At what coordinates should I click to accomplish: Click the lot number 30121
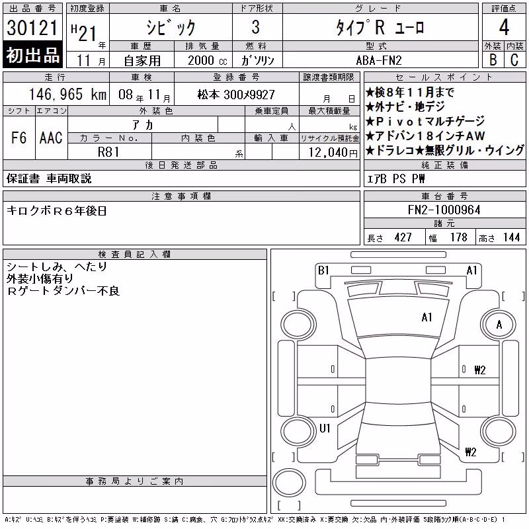(32, 27)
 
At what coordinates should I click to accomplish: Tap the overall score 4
(504, 27)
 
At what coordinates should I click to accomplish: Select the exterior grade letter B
(493, 60)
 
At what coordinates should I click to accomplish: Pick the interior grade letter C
(514, 60)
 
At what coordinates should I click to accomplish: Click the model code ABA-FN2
(379, 60)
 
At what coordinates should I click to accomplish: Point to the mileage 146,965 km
(68, 94)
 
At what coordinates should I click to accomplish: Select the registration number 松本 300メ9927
(236, 95)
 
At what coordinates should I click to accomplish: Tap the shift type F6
(19, 138)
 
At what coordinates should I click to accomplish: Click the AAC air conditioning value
(51, 138)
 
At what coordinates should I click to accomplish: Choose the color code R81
(108, 152)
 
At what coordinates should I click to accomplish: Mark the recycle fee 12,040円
(333, 153)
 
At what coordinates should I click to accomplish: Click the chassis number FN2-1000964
(444, 210)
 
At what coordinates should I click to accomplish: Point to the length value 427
(403, 237)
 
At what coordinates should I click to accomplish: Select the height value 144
(511, 237)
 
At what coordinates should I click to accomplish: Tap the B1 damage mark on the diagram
(323, 270)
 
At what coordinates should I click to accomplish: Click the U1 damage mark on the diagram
(325, 428)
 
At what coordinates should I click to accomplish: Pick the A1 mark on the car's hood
(427, 317)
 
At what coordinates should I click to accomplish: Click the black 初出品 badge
(32, 55)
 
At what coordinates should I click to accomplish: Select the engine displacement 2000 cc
(208, 60)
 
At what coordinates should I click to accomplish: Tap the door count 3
(256, 27)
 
